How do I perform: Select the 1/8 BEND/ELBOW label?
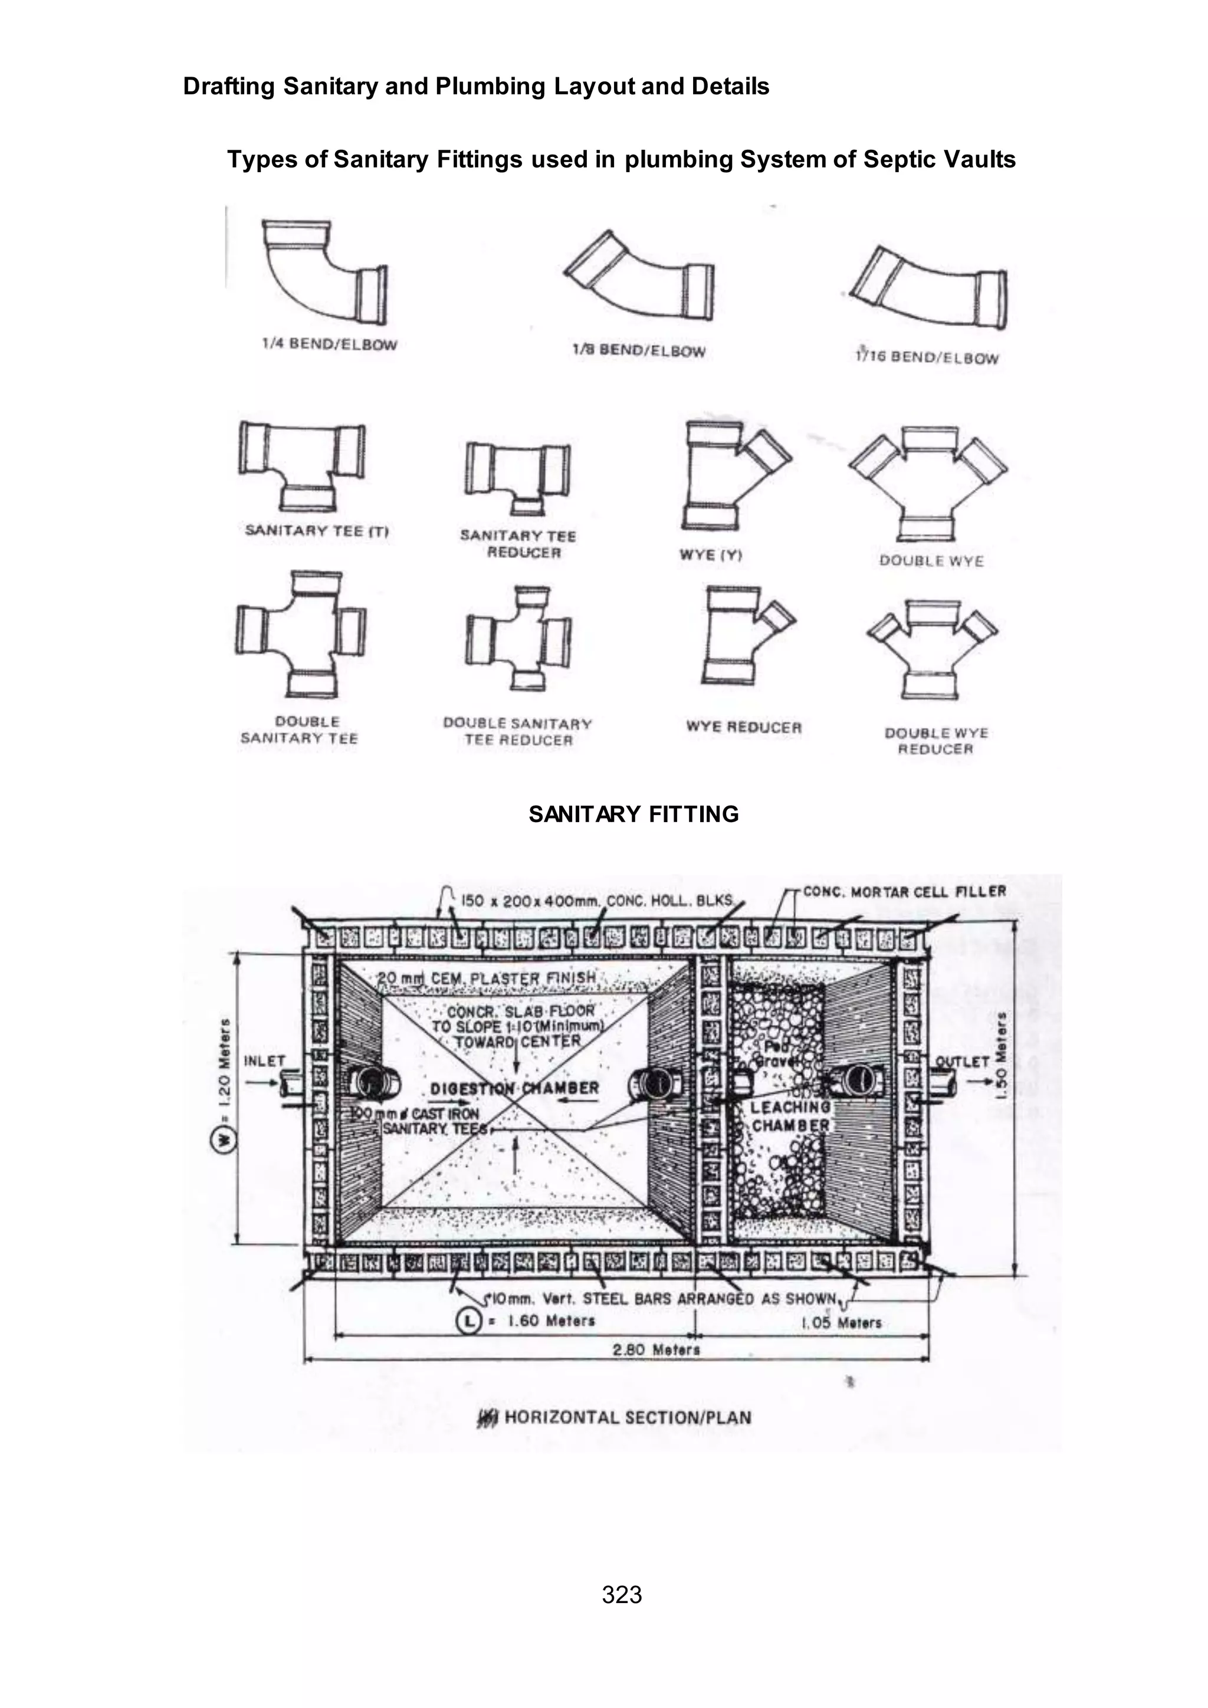click(x=638, y=350)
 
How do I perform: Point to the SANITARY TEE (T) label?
click(x=317, y=530)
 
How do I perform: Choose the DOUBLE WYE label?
click(x=931, y=561)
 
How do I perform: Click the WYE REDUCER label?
click(x=744, y=727)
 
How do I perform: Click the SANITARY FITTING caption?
click(x=633, y=814)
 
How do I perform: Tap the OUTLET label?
click(x=962, y=1062)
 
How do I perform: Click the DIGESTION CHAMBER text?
click(x=515, y=1088)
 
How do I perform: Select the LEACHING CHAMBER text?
click(x=790, y=1116)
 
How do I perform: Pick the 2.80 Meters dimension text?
click(x=656, y=1349)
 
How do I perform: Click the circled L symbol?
click(x=468, y=1321)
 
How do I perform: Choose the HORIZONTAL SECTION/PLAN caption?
click(x=627, y=1417)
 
